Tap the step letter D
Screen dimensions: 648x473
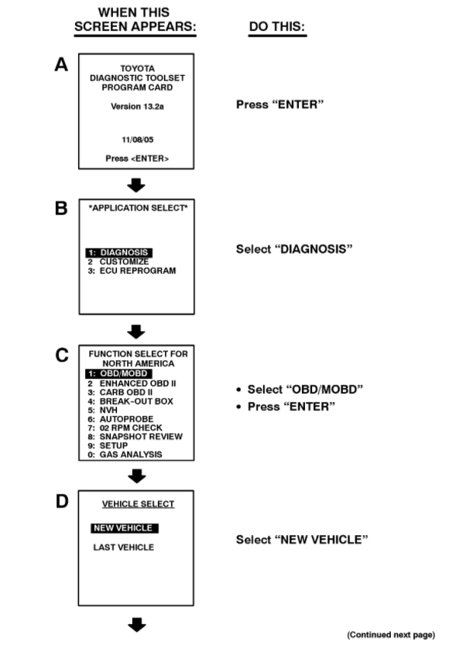[62, 502]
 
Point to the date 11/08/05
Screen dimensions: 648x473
[136, 139]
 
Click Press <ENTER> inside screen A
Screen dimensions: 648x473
[136, 159]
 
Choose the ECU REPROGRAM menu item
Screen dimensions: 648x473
[132, 271]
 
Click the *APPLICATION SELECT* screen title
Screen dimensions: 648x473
[136, 210]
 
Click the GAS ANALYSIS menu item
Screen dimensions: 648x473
[124, 455]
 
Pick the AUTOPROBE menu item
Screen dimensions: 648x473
[118, 419]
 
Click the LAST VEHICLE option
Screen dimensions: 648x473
[123, 547]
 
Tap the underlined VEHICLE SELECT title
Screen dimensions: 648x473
[139, 504]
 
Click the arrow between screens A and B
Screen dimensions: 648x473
[136, 185]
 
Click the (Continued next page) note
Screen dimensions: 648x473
[391, 635]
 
